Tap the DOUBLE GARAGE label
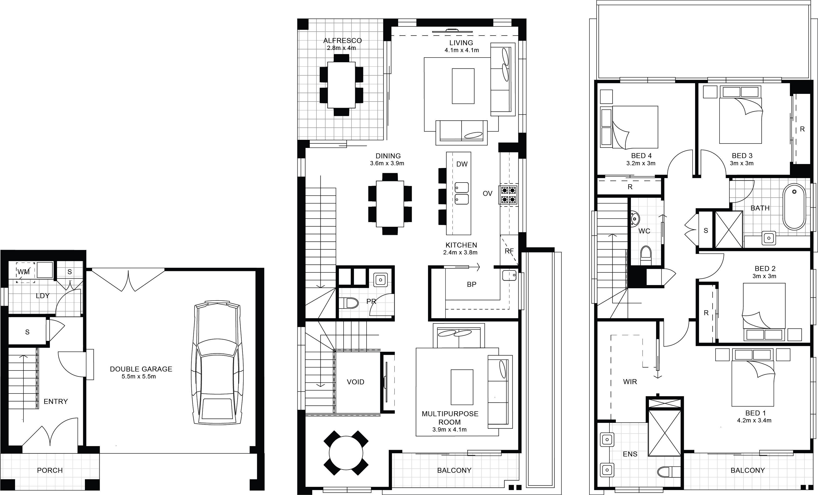coord(141,369)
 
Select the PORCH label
coord(50,470)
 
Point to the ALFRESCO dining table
coord(341,85)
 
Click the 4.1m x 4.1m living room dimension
coord(462,50)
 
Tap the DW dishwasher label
coord(462,164)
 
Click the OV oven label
coord(487,194)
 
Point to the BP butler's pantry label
coord(471,284)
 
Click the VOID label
coord(355,382)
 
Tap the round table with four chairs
coord(346,453)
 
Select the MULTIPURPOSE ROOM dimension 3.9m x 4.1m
coord(449,430)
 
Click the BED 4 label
coord(641,156)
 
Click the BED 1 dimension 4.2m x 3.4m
coord(754,421)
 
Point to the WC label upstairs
coord(644,231)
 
